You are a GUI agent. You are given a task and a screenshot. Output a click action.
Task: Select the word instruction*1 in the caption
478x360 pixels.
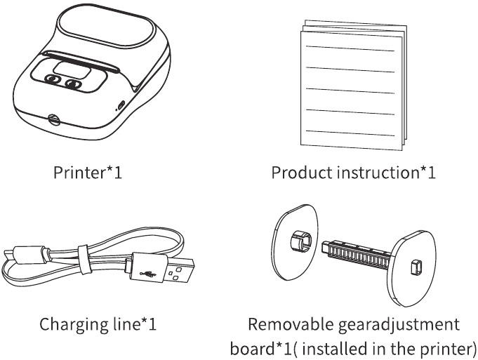(x=385, y=172)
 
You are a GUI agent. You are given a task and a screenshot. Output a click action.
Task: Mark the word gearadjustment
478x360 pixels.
(x=392, y=324)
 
